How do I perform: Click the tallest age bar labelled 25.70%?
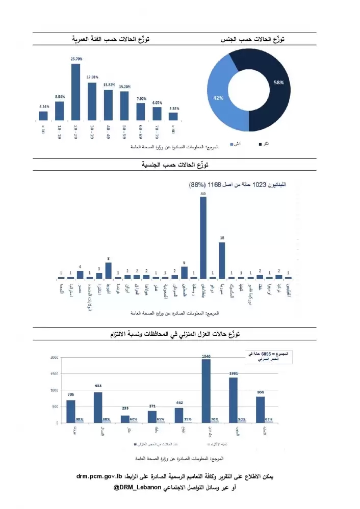coord(75,92)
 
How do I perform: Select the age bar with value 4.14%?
coord(43,116)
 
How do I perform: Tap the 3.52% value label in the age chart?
coord(174,108)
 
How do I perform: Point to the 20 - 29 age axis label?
coord(75,131)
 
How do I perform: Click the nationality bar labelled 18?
coord(222,260)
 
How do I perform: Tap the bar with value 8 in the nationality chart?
coord(108,271)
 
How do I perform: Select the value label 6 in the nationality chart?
coord(184,262)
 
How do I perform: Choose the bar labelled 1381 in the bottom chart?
coord(233,400)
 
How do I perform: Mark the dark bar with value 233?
coord(125,419)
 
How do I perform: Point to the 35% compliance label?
coord(188,420)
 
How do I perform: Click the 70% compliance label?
coord(215,420)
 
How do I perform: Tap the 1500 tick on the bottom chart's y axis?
coord(55,373)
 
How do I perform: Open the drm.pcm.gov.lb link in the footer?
coord(99,477)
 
